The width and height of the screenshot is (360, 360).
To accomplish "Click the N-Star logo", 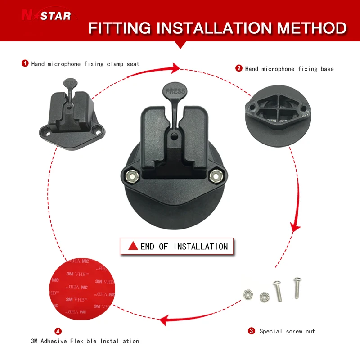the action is pyautogui.click(x=46, y=15).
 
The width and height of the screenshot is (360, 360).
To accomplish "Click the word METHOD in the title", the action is pyautogui.click(x=311, y=28).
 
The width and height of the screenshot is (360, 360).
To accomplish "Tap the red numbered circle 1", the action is pyautogui.click(x=25, y=63).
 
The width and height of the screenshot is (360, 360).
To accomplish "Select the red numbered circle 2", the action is pyautogui.click(x=239, y=68).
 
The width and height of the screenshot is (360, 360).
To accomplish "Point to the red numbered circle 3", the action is pyautogui.click(x=252, y=331).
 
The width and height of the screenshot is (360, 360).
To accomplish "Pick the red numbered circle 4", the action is pyautogui.click(x=58, y=331).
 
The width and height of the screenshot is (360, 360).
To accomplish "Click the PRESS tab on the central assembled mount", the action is pyautogui.click(x=175, y=91).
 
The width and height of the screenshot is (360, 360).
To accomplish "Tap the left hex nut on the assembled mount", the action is pyautogui.click(x=132, y=176).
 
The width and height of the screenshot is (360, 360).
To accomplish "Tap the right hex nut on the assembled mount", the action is pyautogui.click(x=216, y=176).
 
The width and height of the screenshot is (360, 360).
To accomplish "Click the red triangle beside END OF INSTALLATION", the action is pyautogui.click(x=133, y=246).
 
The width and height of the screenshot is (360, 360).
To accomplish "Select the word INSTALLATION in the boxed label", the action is pyautogui.click(x=201, y=247).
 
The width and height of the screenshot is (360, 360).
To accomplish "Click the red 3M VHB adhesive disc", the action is pyautogui.click(x=82, y=288).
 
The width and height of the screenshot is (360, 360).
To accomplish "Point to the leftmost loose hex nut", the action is pyautogui.click(x=248, y=295).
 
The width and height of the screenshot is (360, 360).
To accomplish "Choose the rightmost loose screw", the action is pyautogui.click(x=297, y=288).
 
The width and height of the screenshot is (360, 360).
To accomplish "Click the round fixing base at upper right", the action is pyautogui.click(x=278, y=116).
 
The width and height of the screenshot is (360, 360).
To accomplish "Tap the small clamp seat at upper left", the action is pyautogui.click(x=72, y=115).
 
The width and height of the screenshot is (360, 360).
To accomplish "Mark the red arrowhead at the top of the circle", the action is pyautogui.click(x=176, y=68).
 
